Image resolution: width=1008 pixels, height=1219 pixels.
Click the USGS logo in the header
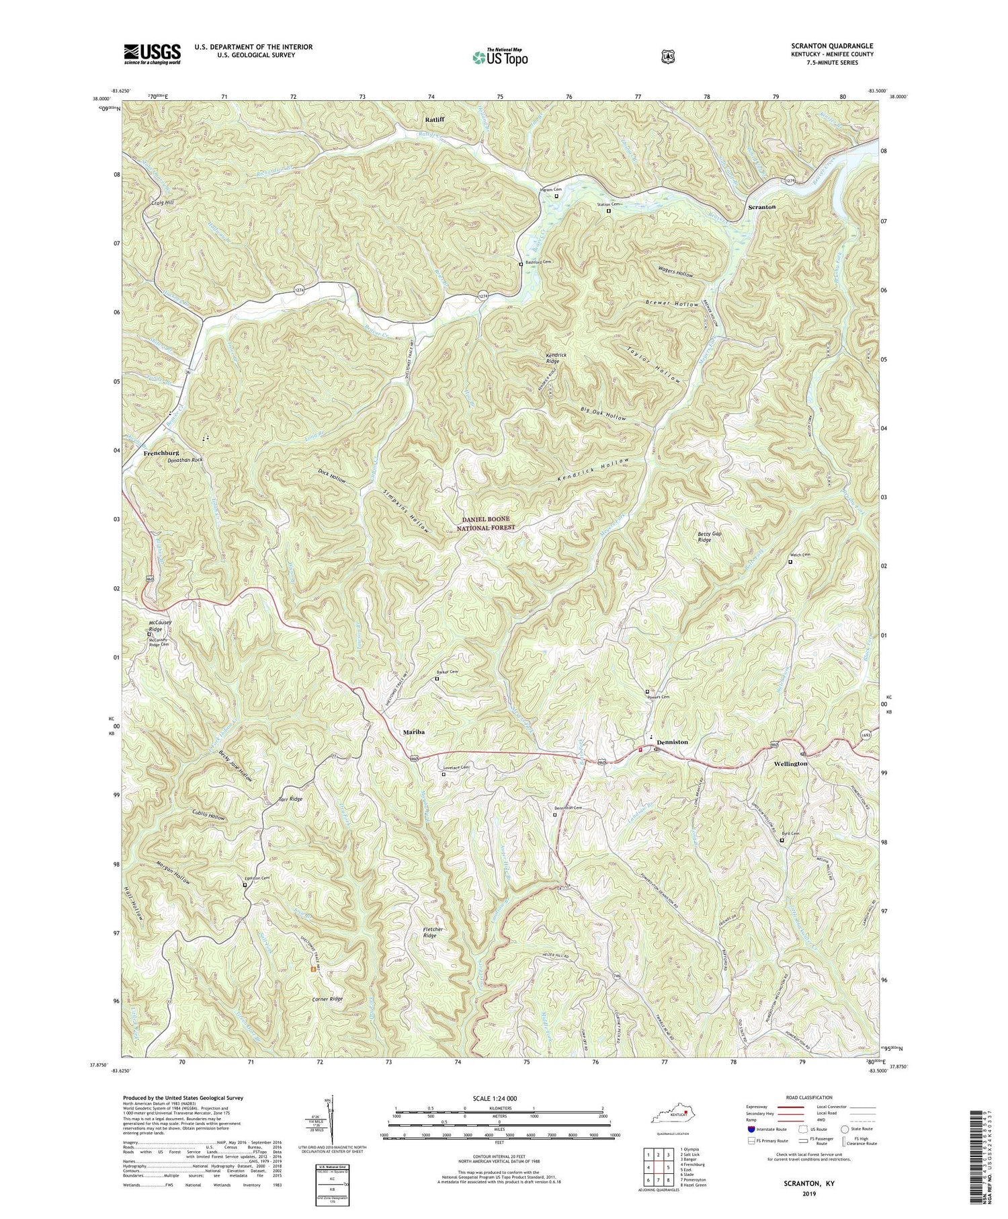pos(152,54)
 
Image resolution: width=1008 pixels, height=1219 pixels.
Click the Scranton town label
pos(762,208)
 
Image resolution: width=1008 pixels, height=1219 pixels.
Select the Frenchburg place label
pos(161,454)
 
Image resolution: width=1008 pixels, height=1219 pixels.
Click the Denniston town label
pos(672,742)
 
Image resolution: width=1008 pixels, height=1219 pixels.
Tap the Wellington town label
pos(790,764)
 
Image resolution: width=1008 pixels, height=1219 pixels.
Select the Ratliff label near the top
pos(434,120)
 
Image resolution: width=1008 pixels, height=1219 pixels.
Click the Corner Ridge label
pos(327,999)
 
